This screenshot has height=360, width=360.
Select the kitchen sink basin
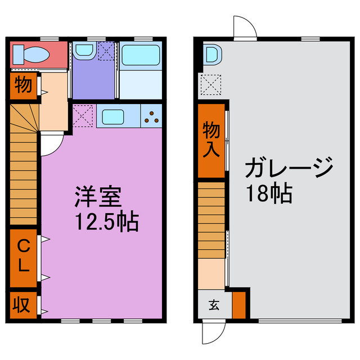tap(113, 118)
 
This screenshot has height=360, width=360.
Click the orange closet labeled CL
tap(23, 256)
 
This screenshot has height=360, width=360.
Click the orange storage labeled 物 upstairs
tap(22, 85)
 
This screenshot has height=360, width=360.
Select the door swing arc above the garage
tap(244, 25)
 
